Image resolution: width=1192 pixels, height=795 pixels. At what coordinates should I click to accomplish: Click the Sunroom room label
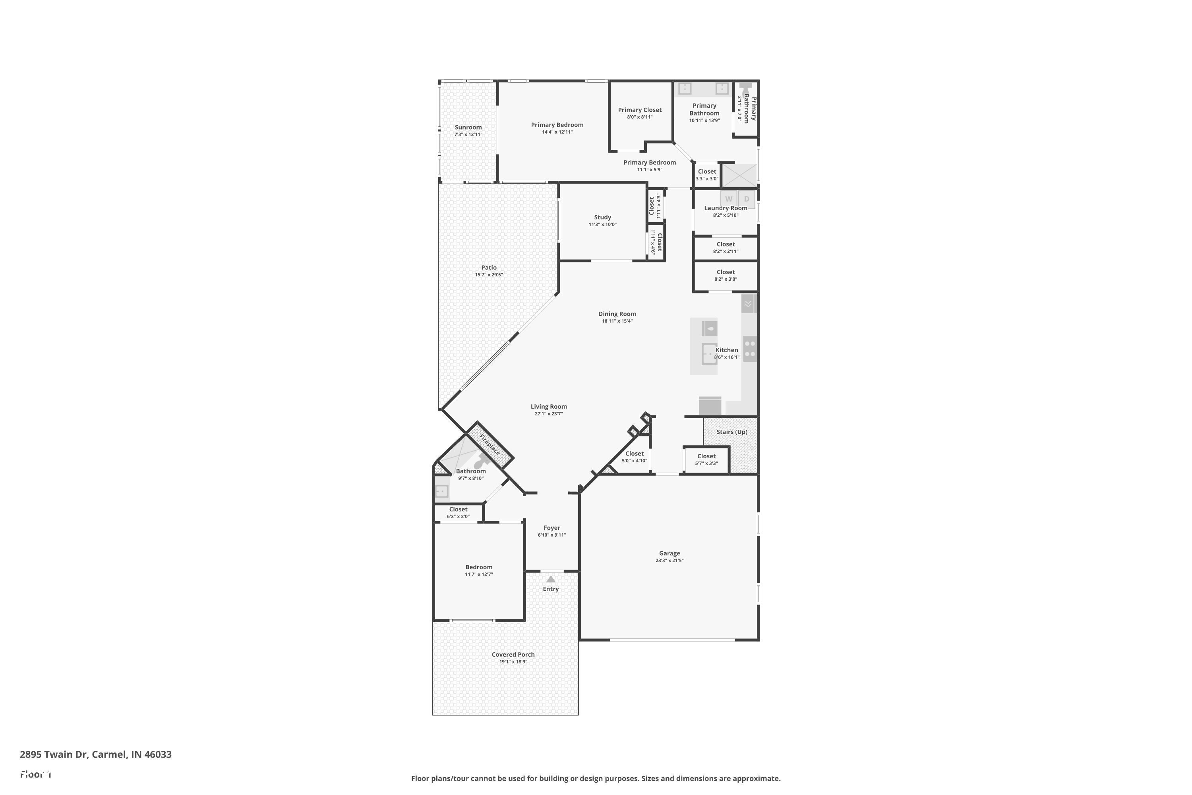468,127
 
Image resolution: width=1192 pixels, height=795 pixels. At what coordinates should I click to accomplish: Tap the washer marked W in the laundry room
728,199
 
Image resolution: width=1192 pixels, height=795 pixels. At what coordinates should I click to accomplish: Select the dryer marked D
747,199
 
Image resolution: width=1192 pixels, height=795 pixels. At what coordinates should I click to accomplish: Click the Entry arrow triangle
551,579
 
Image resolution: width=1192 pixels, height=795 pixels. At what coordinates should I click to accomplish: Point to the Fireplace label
490,445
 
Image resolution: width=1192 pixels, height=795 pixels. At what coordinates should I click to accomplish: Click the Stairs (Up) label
731,432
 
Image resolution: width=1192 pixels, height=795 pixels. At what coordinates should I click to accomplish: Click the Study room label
602,217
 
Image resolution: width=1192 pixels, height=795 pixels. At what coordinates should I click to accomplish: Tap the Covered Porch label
513,655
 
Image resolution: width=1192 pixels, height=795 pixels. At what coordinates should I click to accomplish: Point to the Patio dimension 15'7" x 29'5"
489,275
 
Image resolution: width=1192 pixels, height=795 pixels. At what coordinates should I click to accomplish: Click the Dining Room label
617,314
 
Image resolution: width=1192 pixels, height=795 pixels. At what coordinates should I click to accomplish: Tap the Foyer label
551,528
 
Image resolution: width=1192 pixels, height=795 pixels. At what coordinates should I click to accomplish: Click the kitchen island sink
708,353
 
